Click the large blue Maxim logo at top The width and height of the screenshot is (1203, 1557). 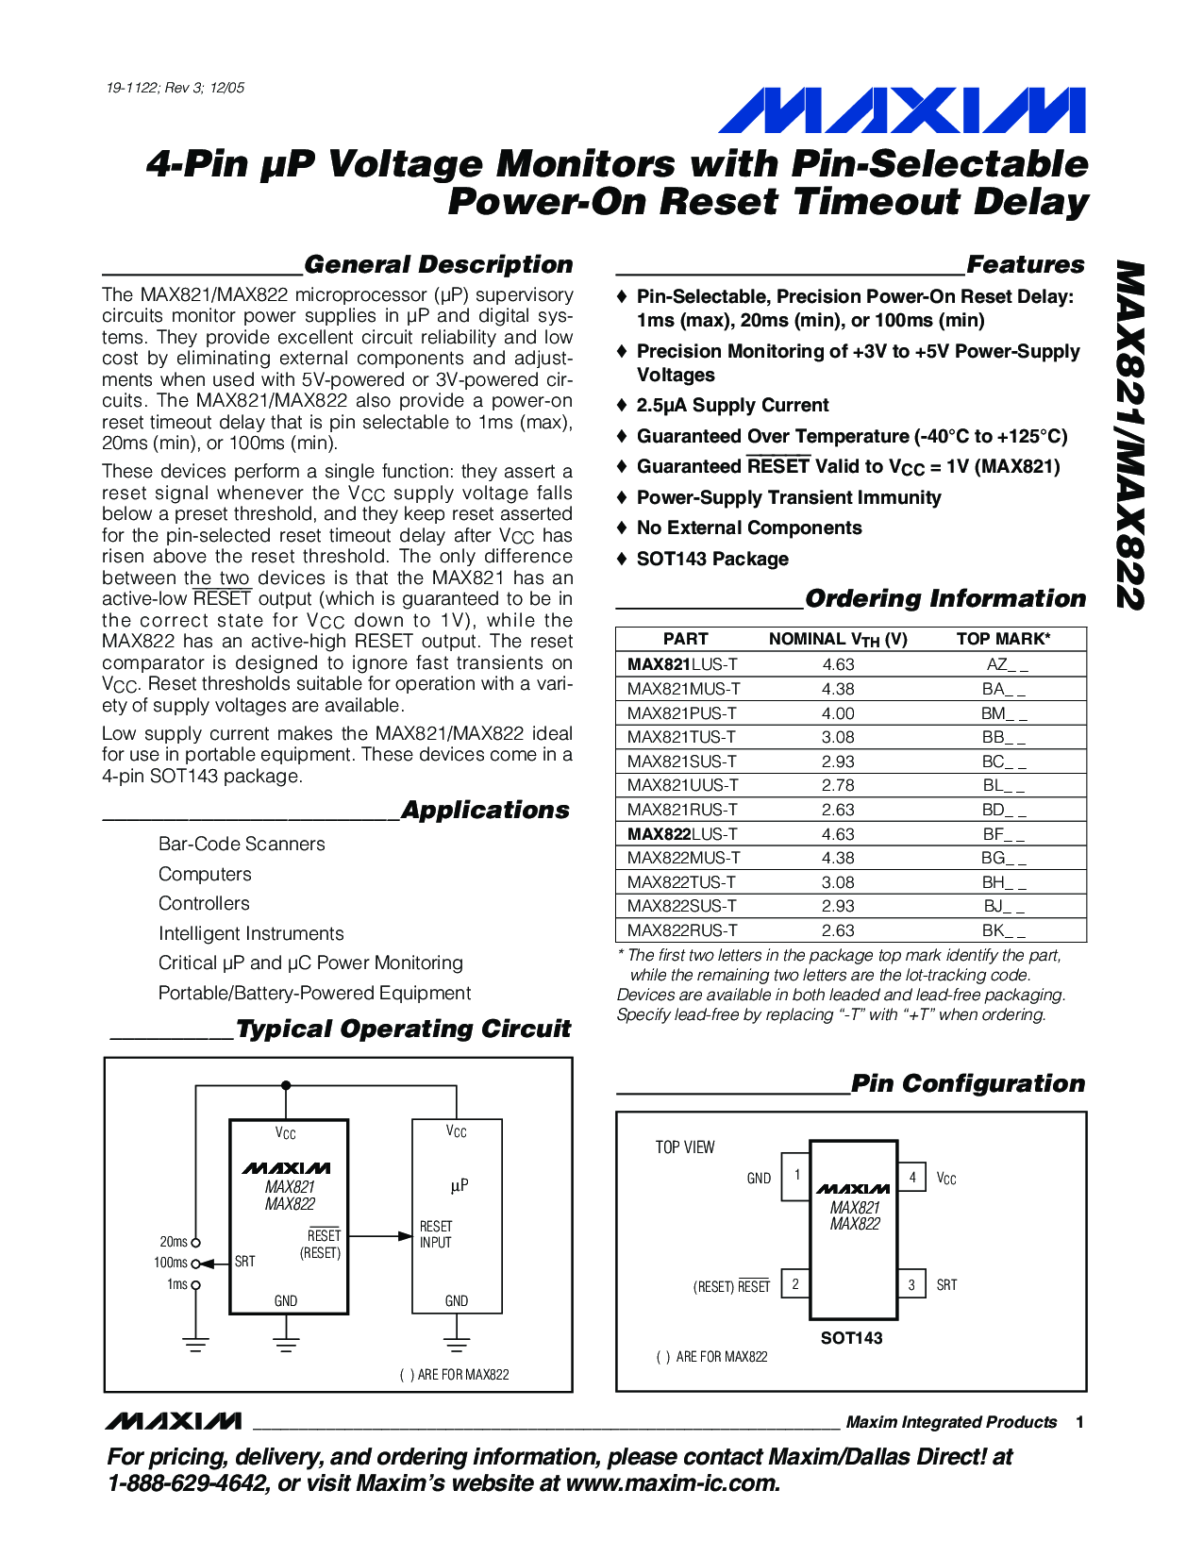tap(901, 110)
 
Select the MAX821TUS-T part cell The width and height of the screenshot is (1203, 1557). tap(682, 737)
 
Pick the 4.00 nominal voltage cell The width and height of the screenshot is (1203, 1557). tap(838, 713)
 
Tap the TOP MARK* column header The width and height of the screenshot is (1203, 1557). tap(1003, 639)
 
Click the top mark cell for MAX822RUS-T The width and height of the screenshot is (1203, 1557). tap(1004, 930)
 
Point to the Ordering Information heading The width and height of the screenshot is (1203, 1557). tap(944, 599)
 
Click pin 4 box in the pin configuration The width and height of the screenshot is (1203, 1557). tap(911, 1177)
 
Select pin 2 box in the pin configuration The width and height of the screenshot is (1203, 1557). tap(795, 1283)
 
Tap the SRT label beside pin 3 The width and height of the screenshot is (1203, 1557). tap(946, 1285)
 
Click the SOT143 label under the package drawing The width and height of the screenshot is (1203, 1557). tap(851, 1338)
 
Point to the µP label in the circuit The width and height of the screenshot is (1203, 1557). tap(459, 1185)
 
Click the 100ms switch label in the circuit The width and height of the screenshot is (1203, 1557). tap(171, 1263)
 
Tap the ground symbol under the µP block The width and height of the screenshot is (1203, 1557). tap(457, 1344)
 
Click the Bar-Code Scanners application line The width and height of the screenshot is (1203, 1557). tap(242, 844)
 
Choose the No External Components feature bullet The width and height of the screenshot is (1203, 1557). tap(749, 528)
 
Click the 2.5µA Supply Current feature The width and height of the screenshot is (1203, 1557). tap(732, 406)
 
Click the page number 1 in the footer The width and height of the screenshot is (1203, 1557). tap(1079, 1422)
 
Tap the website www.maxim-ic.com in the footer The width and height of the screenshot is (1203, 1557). tap(673, 1483)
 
